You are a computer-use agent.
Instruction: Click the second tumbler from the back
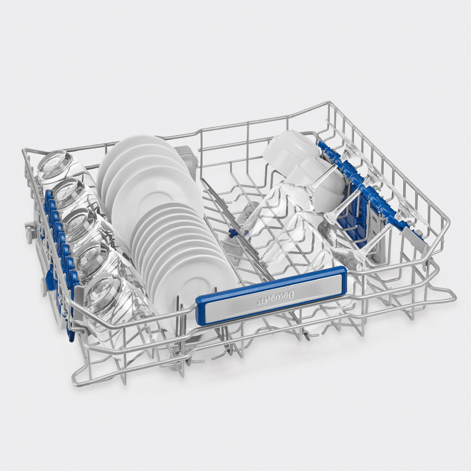pos(73,198)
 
